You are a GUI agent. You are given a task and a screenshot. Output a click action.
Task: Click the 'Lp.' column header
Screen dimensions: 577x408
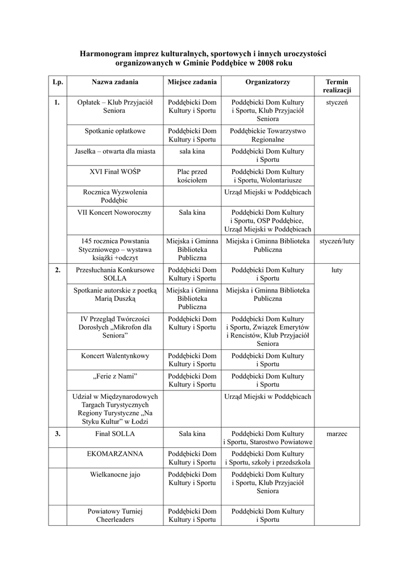[x=57, y=82]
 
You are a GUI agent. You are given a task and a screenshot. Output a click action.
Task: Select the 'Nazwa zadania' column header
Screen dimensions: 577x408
[x=115, y=82]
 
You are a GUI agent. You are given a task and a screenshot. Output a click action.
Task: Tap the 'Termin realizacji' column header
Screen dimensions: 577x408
[x=337, y=86]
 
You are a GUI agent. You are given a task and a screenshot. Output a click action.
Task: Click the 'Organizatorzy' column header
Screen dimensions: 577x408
[x=268, y=82]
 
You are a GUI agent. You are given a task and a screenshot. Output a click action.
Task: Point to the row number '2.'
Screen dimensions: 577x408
[x=57, y=270]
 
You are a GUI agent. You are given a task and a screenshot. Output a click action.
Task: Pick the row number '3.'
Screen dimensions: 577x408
[x=57, y=434]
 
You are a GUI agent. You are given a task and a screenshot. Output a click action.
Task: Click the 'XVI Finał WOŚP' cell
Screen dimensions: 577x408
[x=115, y=172]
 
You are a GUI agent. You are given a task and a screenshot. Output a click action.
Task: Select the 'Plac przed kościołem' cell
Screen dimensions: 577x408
[x=192, y=176]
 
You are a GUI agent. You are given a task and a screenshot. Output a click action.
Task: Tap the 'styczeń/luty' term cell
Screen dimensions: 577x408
[x=337, y=241]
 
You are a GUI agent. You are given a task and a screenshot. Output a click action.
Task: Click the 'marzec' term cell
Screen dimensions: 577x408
[x=337, y=434]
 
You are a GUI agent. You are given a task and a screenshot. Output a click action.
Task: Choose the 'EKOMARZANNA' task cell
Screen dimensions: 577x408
[x=115, y=454]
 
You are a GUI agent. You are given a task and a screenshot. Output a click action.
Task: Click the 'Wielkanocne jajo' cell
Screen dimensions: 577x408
[x=115, y=474]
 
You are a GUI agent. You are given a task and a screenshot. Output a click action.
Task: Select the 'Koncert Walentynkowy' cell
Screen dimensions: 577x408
[x=115, y=356]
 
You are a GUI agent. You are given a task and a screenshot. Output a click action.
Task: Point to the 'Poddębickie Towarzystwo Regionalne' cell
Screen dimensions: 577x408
[x=268, y=135]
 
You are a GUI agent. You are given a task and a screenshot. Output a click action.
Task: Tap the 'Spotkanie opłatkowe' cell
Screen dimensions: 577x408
[x=115, y=131]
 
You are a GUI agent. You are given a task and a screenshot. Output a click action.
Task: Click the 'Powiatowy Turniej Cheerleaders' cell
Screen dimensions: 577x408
[x=115, y=516]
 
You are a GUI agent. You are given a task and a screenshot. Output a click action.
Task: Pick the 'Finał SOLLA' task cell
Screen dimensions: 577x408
[x=115, y=434]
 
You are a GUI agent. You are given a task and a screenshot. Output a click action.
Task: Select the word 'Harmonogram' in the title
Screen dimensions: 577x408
[x=105, y=54]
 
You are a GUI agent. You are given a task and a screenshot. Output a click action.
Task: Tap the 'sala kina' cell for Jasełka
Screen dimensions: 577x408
[x=192, y=152]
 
